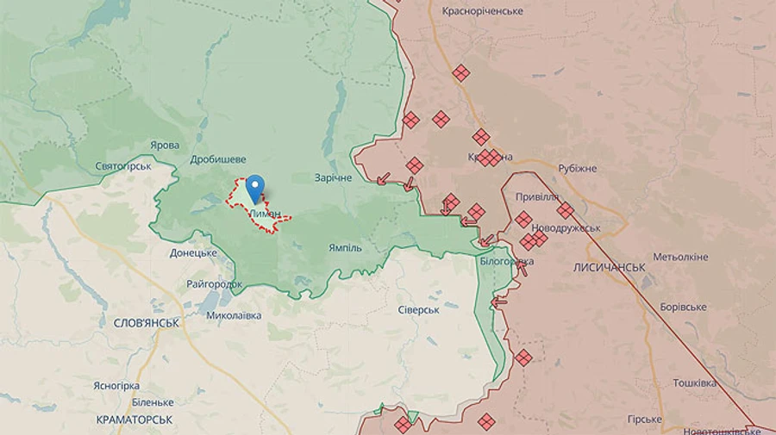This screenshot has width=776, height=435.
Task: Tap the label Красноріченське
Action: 482,11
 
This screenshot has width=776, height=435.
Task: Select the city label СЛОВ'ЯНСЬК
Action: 147,323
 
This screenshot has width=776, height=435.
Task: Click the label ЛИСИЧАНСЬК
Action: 609,268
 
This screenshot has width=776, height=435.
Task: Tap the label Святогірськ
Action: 123,165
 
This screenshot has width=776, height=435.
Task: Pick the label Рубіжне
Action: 577,168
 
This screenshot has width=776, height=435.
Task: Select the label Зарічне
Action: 333,177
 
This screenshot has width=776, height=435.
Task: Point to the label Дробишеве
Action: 218,159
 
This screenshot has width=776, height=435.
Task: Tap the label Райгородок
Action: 215,284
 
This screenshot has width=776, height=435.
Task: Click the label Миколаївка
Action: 234,315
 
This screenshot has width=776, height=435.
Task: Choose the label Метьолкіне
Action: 680,258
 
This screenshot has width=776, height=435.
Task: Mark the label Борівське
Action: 683,308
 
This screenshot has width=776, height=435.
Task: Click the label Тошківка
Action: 694,383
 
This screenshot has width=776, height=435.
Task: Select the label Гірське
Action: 644,419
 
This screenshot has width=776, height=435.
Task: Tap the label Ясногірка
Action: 116,386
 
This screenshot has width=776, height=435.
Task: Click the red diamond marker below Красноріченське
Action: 461,73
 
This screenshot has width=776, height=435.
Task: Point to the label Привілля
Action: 537,196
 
